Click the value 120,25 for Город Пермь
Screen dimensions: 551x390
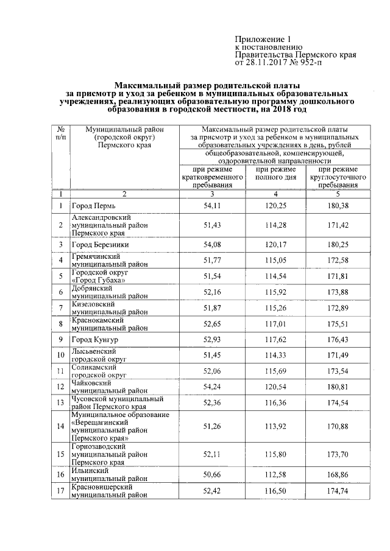pos(275,206)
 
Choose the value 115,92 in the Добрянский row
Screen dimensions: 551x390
pos(275,292)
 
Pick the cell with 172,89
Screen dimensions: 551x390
pos(338,308)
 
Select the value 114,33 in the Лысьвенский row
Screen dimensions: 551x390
pos(275,354)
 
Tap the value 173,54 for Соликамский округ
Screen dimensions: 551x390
pos(338,370)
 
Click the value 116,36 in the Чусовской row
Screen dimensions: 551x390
pos(275,402)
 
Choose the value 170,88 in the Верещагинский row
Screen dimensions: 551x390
pos(338,426)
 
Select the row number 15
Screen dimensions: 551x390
pos(60,454)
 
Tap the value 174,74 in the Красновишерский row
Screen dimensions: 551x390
pos(338,490)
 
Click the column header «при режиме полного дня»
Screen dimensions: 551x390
pos(275,174)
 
